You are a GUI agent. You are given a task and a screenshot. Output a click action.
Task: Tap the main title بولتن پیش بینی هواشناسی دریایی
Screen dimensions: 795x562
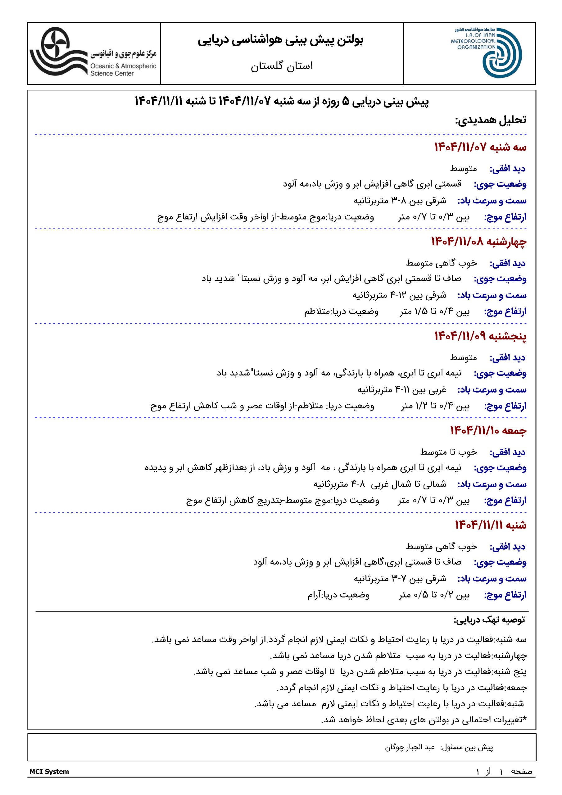click(280, 40)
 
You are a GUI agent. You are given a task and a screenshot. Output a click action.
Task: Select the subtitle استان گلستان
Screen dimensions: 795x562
click(282, 66)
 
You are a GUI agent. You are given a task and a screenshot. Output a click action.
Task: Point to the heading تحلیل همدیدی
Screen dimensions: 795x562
click(490, 120)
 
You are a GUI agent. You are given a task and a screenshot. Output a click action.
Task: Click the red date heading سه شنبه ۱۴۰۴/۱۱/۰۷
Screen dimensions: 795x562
click(480, 147)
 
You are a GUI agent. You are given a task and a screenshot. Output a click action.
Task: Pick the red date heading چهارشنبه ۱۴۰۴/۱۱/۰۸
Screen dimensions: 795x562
click(478, 242)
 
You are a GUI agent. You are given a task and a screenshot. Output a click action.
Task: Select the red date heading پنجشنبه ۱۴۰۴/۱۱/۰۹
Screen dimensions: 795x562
click(480, 336)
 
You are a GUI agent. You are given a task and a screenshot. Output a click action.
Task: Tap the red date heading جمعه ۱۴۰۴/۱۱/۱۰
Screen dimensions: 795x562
click(488, 430)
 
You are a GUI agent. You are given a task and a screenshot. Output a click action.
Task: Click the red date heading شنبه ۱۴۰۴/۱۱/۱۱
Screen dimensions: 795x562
click(490, 525)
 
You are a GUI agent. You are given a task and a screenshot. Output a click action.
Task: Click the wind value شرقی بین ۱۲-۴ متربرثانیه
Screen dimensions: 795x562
click(399, 295)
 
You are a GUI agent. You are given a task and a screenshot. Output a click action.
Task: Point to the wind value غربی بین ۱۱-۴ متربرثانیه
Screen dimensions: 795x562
click(402, 390)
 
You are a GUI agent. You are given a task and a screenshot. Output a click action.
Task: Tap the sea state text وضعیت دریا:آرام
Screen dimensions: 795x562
click(338, 595)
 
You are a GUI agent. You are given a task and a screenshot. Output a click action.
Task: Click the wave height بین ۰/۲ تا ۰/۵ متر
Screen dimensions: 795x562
click(434, 595)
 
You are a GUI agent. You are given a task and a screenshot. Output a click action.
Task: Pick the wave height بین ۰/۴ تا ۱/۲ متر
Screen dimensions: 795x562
click(435, 406)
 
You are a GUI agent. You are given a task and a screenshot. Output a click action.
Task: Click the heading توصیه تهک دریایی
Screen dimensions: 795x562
click(489, 620)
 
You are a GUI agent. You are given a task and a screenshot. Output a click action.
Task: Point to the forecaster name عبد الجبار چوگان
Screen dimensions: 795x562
click(410, 747)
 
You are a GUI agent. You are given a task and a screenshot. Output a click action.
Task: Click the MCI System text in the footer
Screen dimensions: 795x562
click(49, 771)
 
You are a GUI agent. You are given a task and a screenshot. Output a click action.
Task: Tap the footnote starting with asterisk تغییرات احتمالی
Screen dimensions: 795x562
click(424, 720)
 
